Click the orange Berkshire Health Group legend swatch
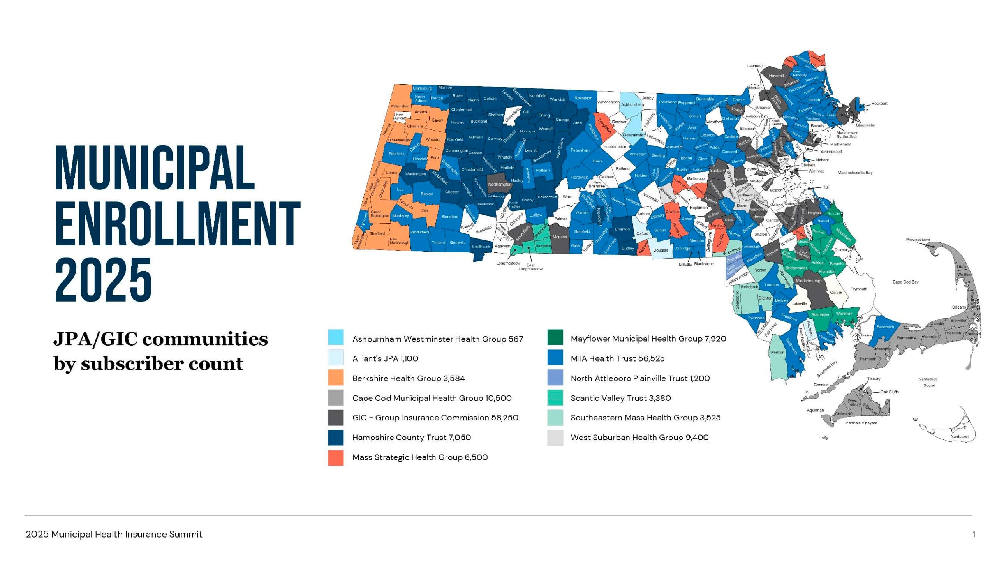point(335,378)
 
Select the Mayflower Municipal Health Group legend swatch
point(555,338)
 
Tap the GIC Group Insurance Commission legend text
point(435,418)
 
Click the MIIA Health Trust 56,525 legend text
point(617,358)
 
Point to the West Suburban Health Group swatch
point(555,437)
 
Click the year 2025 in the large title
point(104,279)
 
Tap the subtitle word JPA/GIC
point(95,339)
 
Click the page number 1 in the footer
point(974,535)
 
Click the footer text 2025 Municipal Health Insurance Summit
point(114,535)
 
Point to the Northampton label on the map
point(499,185)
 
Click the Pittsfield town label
point(396,154)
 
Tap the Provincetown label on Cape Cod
point(918,240)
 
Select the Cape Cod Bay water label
point(905,282)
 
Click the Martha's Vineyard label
point(861,423)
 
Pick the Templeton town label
point(605,126)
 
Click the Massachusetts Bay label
point(855,173)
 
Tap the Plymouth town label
point(858,289)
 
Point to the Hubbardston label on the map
point(615,147)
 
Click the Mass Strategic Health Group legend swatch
point(335,457)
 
